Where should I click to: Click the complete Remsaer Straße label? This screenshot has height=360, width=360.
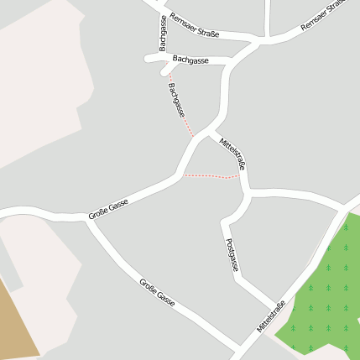tap(193, 25)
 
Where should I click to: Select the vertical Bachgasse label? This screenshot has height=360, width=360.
tap(162, 33)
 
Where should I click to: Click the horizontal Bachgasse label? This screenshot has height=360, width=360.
tap(190, 60)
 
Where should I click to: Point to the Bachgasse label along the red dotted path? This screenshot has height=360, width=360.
tap(176, 99)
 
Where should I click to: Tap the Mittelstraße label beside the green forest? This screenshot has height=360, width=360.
tap(272, 316)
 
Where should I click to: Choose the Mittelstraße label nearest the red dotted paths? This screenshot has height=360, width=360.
tap(232, 151)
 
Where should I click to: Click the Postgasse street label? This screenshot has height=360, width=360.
tap(232, 254)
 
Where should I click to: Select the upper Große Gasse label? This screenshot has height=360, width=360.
tap(108, 210)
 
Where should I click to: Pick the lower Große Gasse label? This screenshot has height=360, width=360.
tap(157, 292)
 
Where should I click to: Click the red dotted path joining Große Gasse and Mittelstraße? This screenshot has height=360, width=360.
tap(211, 176)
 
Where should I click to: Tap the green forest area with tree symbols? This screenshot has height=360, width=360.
tap(323, 294)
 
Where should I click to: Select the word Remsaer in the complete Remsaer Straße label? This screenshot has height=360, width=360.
tap(181, 20)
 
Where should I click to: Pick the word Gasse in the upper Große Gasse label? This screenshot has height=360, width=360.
tap(118, 205)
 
